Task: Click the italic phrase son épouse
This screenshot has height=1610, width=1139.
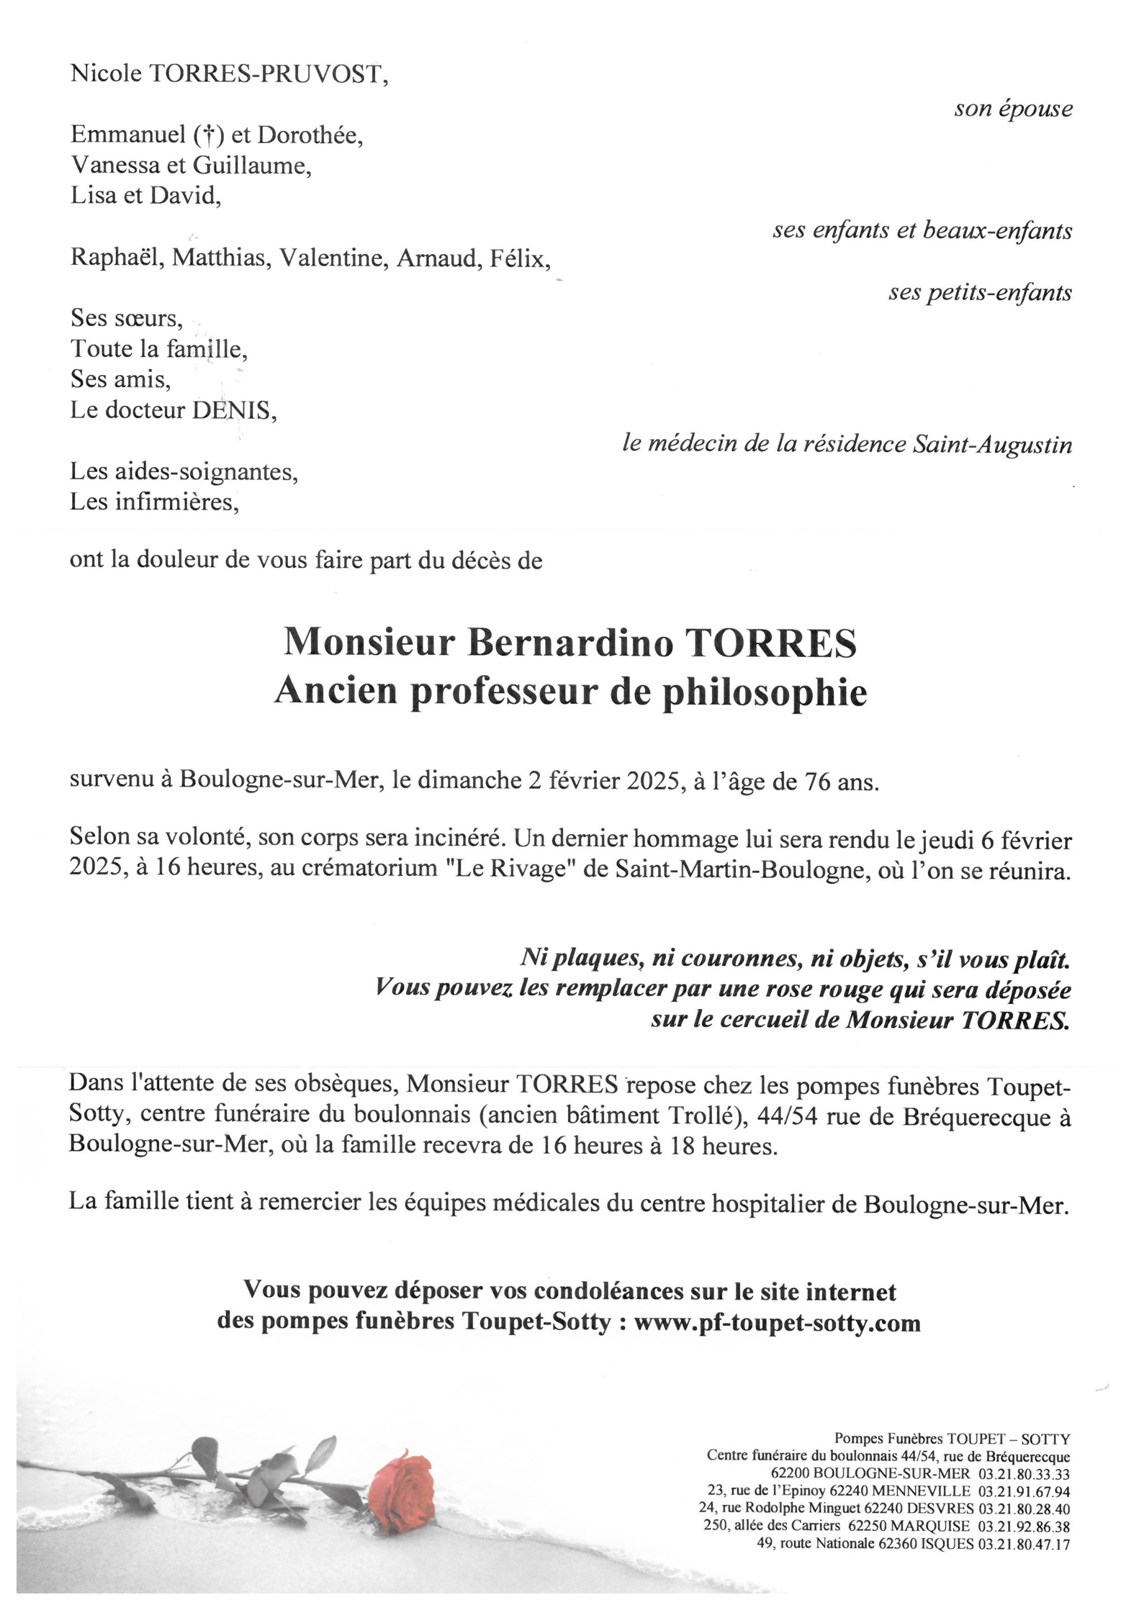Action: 1013,108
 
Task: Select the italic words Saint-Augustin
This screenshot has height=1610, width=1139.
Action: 993,444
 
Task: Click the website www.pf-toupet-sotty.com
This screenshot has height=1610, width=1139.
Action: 777,1323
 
